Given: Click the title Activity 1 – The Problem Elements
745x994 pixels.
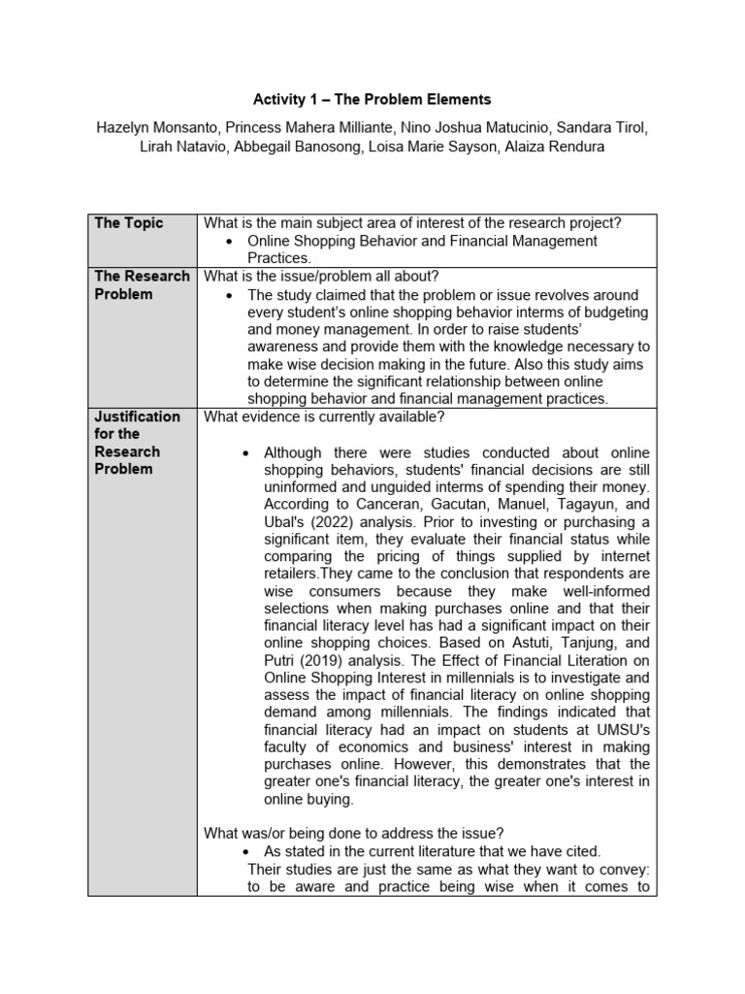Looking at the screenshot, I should click(x=372, y=99).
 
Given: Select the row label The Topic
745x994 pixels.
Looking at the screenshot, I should click(x=129, y=223).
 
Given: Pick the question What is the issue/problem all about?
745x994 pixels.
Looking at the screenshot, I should click(x=314, y=277).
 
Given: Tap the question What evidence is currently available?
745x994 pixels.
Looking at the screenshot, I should click(x=324, y=416).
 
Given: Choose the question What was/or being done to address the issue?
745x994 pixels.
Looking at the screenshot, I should click(x=353, y=832).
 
